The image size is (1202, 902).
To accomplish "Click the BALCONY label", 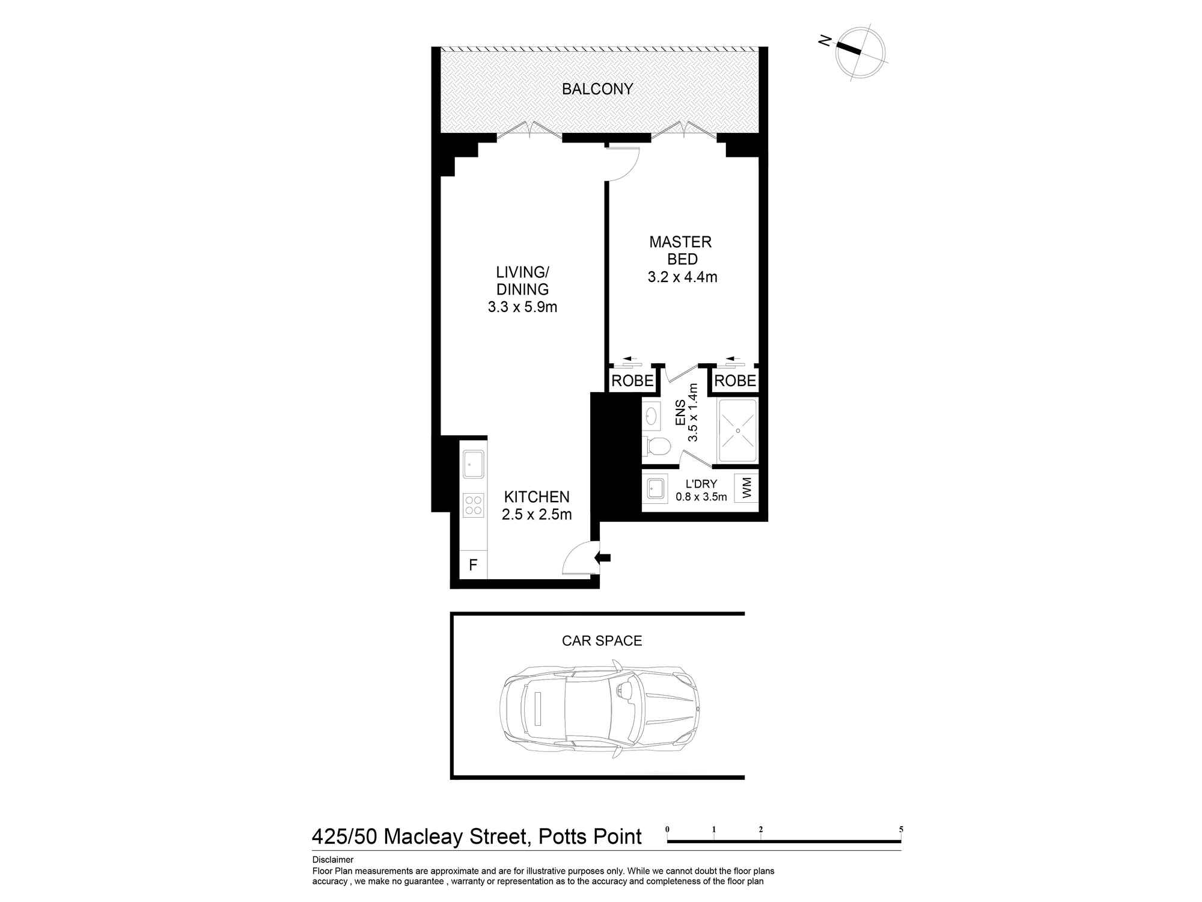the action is coord(597,89).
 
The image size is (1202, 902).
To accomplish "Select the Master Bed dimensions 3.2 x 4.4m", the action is coord(682,277).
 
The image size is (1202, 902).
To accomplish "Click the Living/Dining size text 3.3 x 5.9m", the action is coord(522,307).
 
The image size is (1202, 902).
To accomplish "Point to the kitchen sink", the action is coord(474,464).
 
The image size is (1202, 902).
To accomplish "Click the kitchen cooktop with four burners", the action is coord(474,505).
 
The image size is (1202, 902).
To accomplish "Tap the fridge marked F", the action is coord(473,565).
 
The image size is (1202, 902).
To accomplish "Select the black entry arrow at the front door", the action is coord(602,557).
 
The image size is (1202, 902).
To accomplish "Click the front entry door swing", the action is coord(577,558).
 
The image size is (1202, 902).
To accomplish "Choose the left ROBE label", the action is coord(632,381).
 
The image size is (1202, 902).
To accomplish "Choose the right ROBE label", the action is coord(735,381).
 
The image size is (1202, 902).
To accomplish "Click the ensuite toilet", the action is coord(656,446).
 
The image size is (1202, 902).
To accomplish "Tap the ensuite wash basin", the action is coord(651,416).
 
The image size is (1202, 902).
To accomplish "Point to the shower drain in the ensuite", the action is coord(737,431).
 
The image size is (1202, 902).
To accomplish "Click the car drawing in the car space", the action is coord(600,711).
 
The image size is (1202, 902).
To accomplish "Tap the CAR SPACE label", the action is coord(602,641).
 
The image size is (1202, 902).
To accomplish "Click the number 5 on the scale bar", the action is coord(901,829).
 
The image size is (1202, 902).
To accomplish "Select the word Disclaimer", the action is coord(333,860).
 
